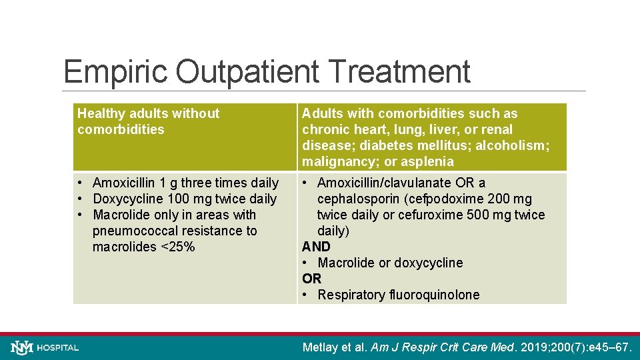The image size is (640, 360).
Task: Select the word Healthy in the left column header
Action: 99,113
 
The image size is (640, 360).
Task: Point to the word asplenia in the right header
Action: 429,161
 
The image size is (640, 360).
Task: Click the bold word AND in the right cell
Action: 316,247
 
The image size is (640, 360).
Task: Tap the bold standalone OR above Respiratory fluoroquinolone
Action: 311,279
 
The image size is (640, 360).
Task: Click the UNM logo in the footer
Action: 22,347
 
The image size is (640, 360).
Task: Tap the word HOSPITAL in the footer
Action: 58,348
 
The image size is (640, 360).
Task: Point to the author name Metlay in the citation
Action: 323,347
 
